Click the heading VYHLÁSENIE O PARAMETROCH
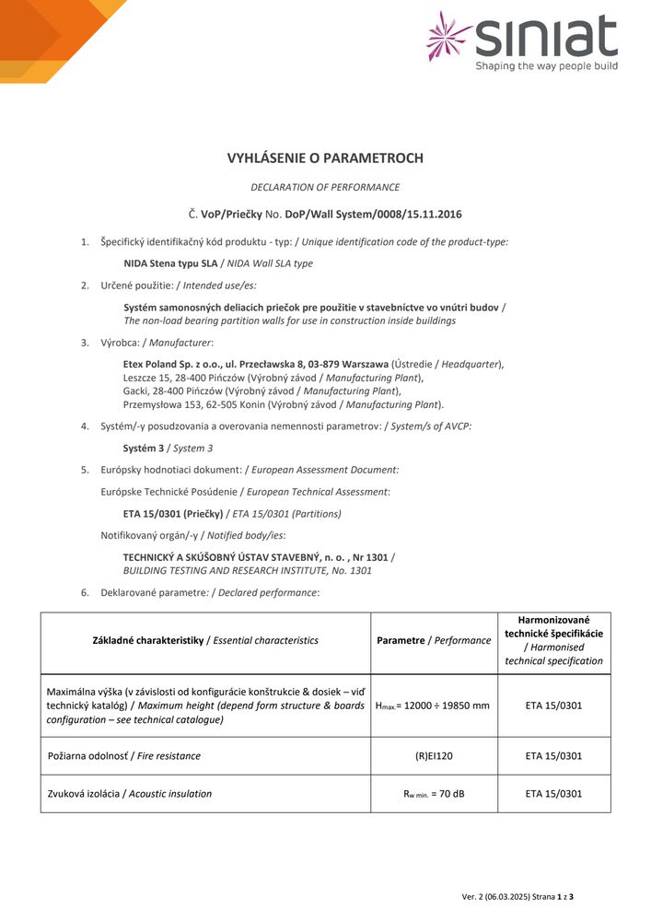(x=325, y=158)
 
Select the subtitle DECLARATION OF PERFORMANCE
(x=325, y=187)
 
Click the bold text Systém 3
(x=145, y=448)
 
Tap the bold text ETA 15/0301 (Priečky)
(x=172, y=514)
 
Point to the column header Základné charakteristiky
(x=148, y=640)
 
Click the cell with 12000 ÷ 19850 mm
(x=434, y=705)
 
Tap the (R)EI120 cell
(x=434, y=756)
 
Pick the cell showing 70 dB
(x=434, y=794)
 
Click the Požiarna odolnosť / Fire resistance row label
(x=123, y=756)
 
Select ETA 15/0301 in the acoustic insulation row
(x=553, y=794)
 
